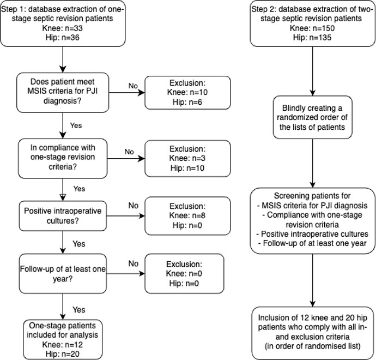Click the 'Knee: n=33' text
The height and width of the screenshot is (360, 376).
click(x=62, y=28)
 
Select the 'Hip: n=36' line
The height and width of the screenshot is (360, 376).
click(x=62, y=38)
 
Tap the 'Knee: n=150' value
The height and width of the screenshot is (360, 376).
click(x=312, y=28)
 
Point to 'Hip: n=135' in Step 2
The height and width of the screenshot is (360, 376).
click(x=312, y=38)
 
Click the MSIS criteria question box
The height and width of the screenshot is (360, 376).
click(x=63, y=92)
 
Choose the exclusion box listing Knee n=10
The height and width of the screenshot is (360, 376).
click(x=187, y=93)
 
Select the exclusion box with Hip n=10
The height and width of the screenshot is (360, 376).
click(x=187, y=159)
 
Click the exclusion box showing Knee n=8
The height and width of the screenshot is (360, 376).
click(x=187, y=216)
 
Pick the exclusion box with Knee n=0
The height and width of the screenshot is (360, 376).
click(x=184, y=274)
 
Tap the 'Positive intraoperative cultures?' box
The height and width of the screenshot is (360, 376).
click(x=63, y=216)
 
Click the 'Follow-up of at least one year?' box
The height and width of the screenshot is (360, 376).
click(x=63, y=274)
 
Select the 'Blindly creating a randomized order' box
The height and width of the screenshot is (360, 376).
click(x=312, y=117)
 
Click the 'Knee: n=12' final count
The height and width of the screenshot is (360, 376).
click(x=62, y=345)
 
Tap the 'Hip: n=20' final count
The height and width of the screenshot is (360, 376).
click(x=62, y=354)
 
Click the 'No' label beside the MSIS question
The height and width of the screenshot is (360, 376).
click(x=133, y=86)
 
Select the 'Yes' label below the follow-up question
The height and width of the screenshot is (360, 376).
click(x=79, y=310)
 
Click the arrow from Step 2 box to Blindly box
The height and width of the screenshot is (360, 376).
click(x=312, y=71)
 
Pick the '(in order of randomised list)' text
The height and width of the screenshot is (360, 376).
click(x=312, y=346)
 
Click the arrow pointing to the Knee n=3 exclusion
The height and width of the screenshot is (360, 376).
click(x=126, y=159)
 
